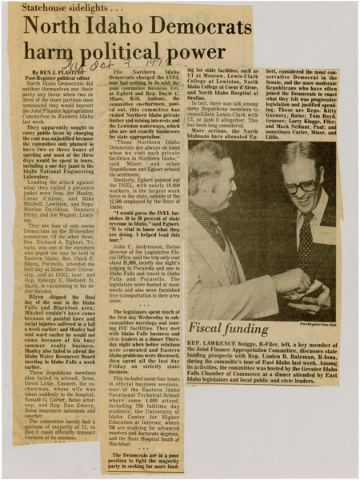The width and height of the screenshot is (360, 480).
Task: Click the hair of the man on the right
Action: click(x=308, y=156)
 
